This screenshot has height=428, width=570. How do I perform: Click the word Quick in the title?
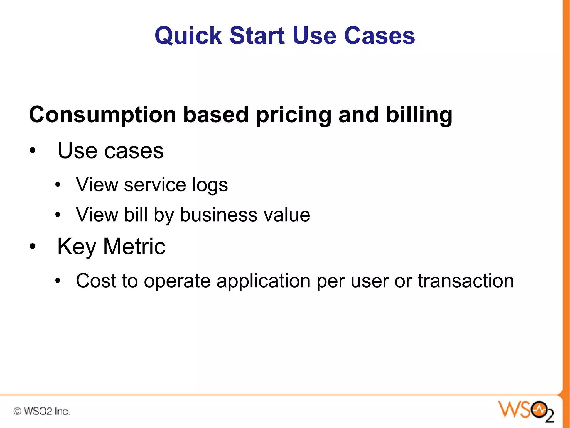point(188,36)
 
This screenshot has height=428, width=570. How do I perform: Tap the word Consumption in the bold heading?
point(102,115)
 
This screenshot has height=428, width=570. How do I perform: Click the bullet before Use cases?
point(33,151)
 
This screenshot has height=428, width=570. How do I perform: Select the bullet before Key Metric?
point(33,247)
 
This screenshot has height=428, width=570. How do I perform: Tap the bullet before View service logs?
point(58,185)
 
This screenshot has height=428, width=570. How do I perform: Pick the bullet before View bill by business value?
point(58,215)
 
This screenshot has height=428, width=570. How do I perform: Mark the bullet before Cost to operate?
point(58,281)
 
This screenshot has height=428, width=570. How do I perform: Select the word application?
point(263,281)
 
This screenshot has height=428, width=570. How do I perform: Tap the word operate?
point(177,281)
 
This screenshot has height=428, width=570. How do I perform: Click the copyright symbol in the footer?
point(17,411)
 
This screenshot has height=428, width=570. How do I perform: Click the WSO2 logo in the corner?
point(526,411)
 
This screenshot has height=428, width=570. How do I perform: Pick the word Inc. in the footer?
point(62,411)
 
